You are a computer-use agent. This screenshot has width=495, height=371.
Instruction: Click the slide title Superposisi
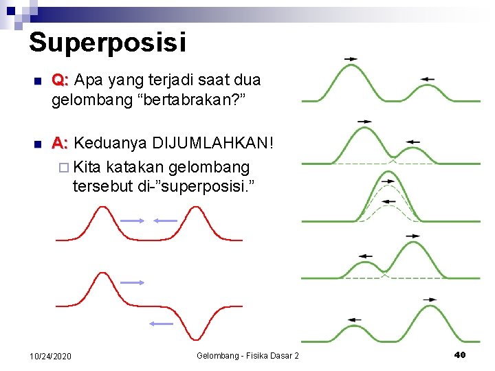tap(107, 43)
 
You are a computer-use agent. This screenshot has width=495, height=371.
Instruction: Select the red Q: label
tap(60, 80)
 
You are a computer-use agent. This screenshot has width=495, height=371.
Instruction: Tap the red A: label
tap(60, 143)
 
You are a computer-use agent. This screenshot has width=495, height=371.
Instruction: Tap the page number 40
tap(460, 355)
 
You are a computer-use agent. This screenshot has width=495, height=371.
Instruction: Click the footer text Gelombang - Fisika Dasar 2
tap(248, 356)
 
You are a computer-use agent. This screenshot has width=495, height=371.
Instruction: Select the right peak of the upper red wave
tap(198, 210)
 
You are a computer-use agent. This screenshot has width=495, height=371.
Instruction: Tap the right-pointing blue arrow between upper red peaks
tap(132, 220)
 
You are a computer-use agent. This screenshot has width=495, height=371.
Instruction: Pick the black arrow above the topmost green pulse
tap(351, 59)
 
